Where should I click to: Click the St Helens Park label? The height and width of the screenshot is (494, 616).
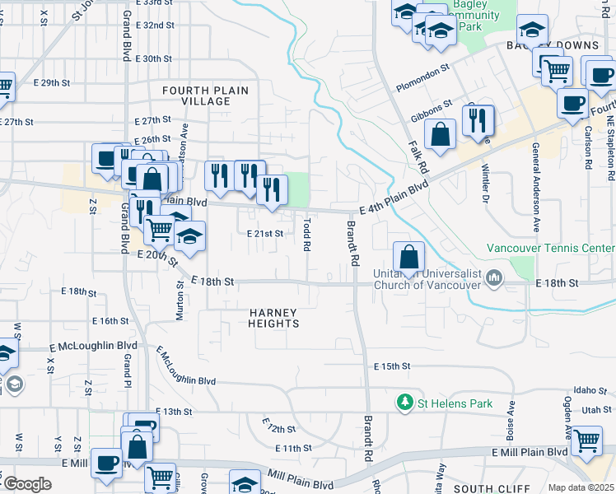tap(455, 403)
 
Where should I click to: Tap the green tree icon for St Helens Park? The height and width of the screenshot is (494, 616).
tap(404, 403)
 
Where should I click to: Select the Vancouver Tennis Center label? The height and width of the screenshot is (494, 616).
tap(550, 248)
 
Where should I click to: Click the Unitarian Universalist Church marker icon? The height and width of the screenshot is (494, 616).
tap(493, 277)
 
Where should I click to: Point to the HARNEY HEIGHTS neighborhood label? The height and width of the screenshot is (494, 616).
tap(274, 318)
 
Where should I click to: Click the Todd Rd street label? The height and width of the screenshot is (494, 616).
tap(307, 234)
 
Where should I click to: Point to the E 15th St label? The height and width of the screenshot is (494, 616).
tap(392, 366)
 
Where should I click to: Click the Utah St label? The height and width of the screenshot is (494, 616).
tap(591, 409)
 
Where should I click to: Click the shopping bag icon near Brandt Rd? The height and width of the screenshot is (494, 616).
tap(408, 257)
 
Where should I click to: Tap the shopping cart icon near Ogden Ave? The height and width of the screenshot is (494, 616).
tap(586, 440)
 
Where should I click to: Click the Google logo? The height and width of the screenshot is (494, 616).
tap(27, 484)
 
